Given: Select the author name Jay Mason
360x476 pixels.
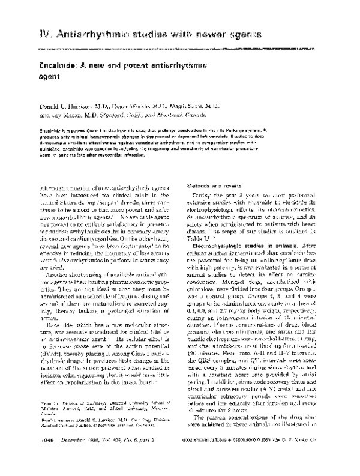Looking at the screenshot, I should [74, 116].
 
